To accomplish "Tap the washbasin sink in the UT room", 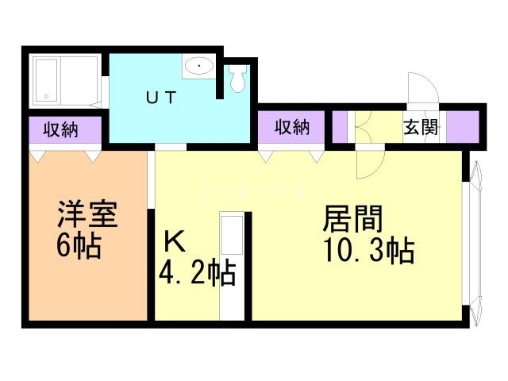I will (x=198, y=68).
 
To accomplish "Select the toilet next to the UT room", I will (x=237, y=79).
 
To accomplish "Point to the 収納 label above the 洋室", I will (x=60, y=128).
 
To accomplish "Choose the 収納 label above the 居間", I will (x=291, y=126).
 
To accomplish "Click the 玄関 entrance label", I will (x=420, y=127).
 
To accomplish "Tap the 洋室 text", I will (x=87, y=216).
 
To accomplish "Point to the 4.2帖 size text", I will (x=196, y=274).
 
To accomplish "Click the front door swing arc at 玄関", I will (x=418, y=89).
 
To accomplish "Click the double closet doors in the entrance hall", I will (x=366, y=127).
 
